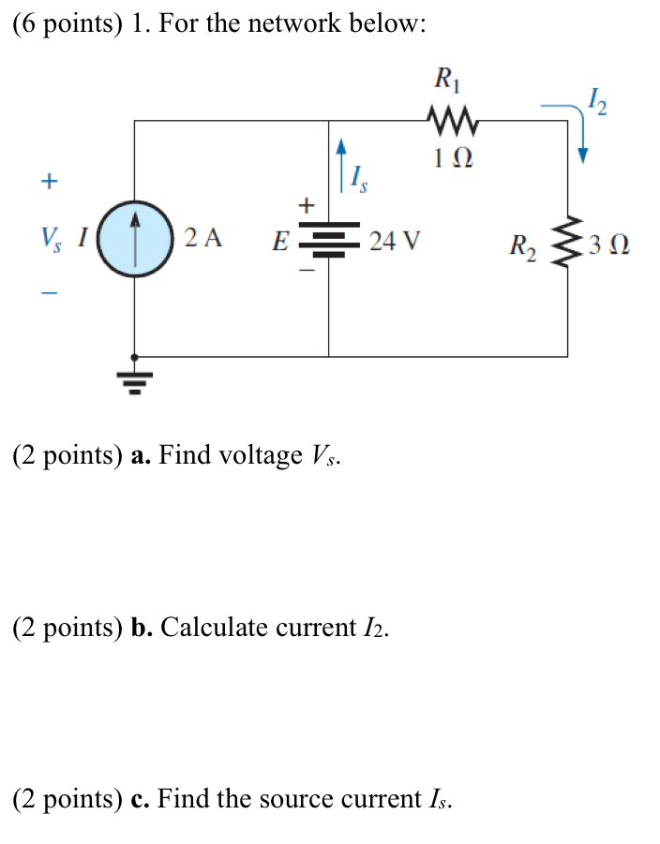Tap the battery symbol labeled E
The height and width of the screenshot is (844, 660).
(x=328, y=241)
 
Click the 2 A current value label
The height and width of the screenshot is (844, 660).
(x=203, y=239)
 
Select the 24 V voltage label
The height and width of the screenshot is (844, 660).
(x=394, y=242)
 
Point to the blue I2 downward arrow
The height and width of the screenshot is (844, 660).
(x=580, y=131)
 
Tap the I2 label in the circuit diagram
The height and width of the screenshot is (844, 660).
(x=596, y=98)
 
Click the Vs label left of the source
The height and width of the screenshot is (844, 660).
(x=49, y=240)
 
